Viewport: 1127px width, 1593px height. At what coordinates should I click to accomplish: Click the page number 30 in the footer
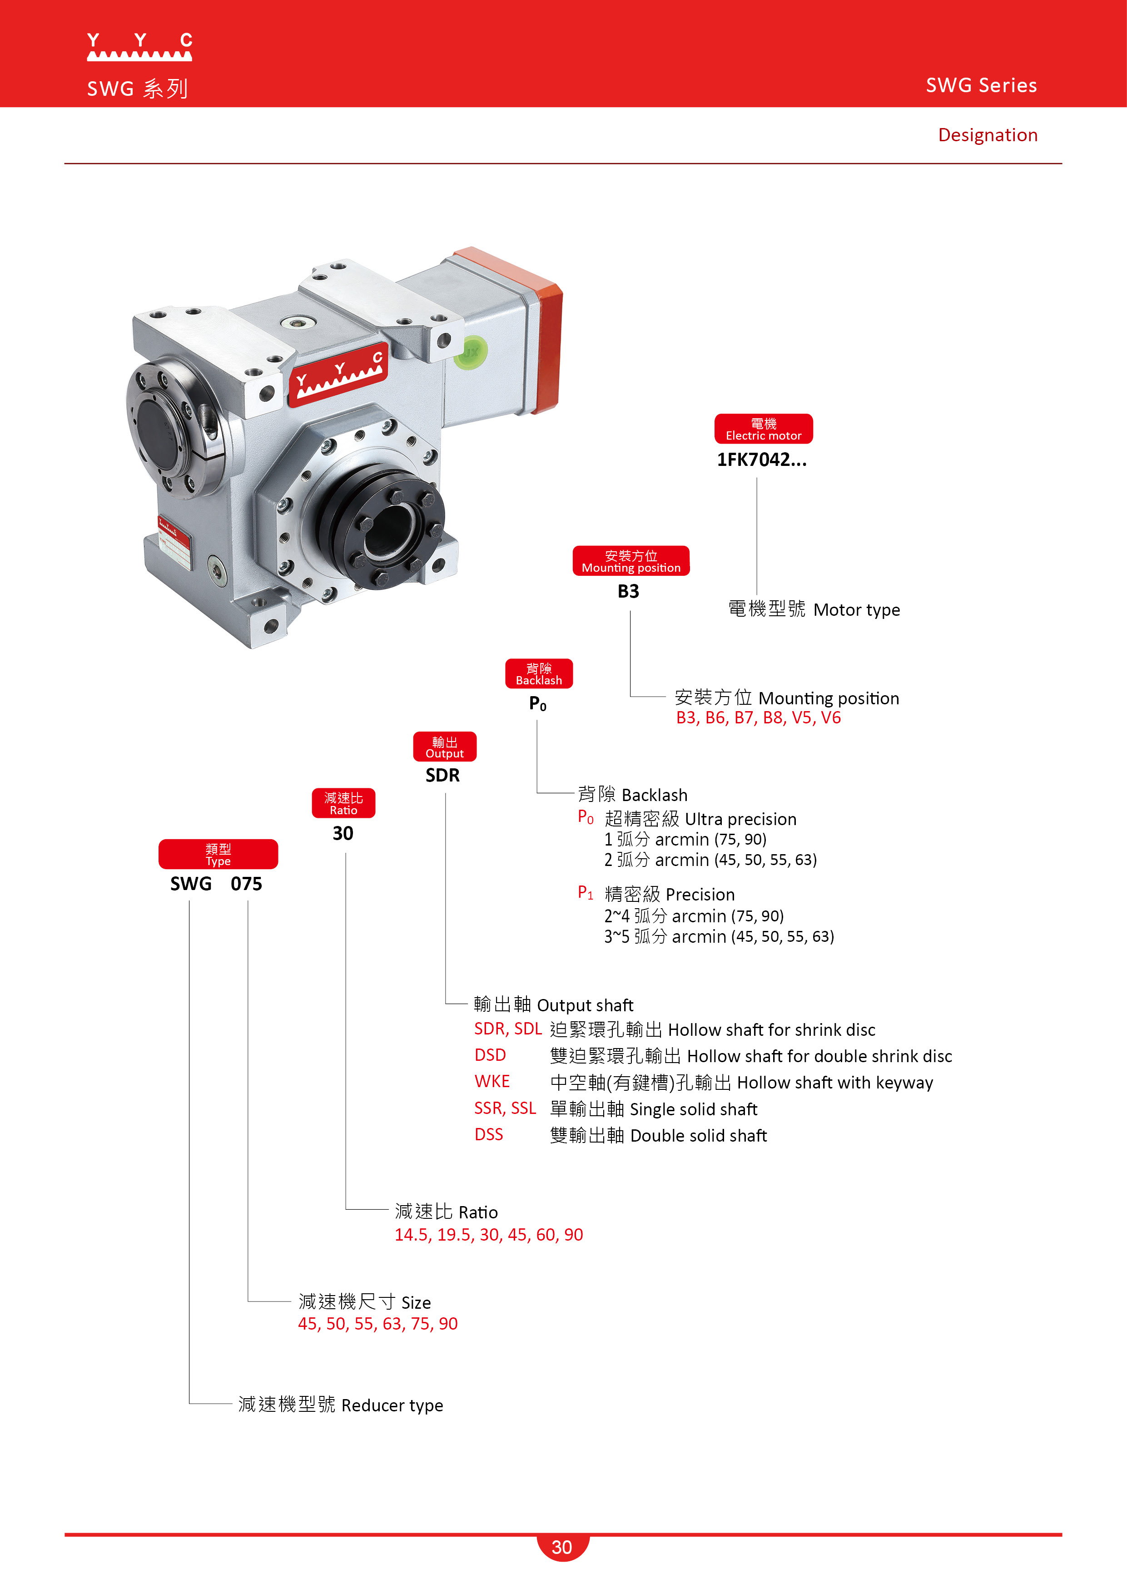coord(562,1547)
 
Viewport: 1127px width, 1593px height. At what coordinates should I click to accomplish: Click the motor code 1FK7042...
coord(761,460)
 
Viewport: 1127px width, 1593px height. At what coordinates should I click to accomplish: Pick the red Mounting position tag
coord(631,561)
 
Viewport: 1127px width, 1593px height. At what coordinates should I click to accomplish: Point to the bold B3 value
coord(628,592)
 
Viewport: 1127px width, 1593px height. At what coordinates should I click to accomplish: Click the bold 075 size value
coord(246,884)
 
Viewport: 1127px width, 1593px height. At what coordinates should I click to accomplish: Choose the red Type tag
coord(218,855)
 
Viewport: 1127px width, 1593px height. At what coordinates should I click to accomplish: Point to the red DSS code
coord(489,1135)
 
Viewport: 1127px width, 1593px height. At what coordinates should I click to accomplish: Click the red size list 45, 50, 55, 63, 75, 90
coord(377,1324)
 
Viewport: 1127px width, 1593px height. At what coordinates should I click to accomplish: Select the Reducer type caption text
coord(340,1405)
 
